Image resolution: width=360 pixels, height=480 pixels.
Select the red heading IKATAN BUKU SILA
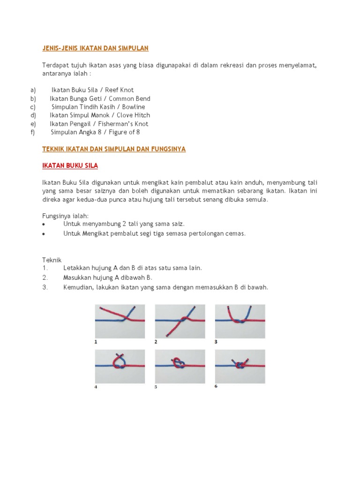(70, 166)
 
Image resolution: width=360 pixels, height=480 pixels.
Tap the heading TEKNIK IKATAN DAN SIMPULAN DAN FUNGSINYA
(114, 149)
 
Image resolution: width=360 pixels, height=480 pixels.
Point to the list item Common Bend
(129, 98)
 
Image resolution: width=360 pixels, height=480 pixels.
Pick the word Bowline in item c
(134, 107)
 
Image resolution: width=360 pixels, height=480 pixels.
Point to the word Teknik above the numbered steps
(52, 260)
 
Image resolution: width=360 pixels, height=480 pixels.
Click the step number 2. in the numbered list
(45, 277)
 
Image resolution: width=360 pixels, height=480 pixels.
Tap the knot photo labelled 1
(120, 321)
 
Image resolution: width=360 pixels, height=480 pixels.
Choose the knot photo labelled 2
(180, 321)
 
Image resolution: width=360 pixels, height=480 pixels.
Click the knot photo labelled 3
(240, 321)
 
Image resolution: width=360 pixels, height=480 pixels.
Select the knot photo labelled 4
(120, 366)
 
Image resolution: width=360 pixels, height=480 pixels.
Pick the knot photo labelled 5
(180, 366)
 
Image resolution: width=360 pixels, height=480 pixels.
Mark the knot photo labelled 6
(240, 366)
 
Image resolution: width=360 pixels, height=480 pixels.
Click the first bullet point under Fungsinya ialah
(44, 225)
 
